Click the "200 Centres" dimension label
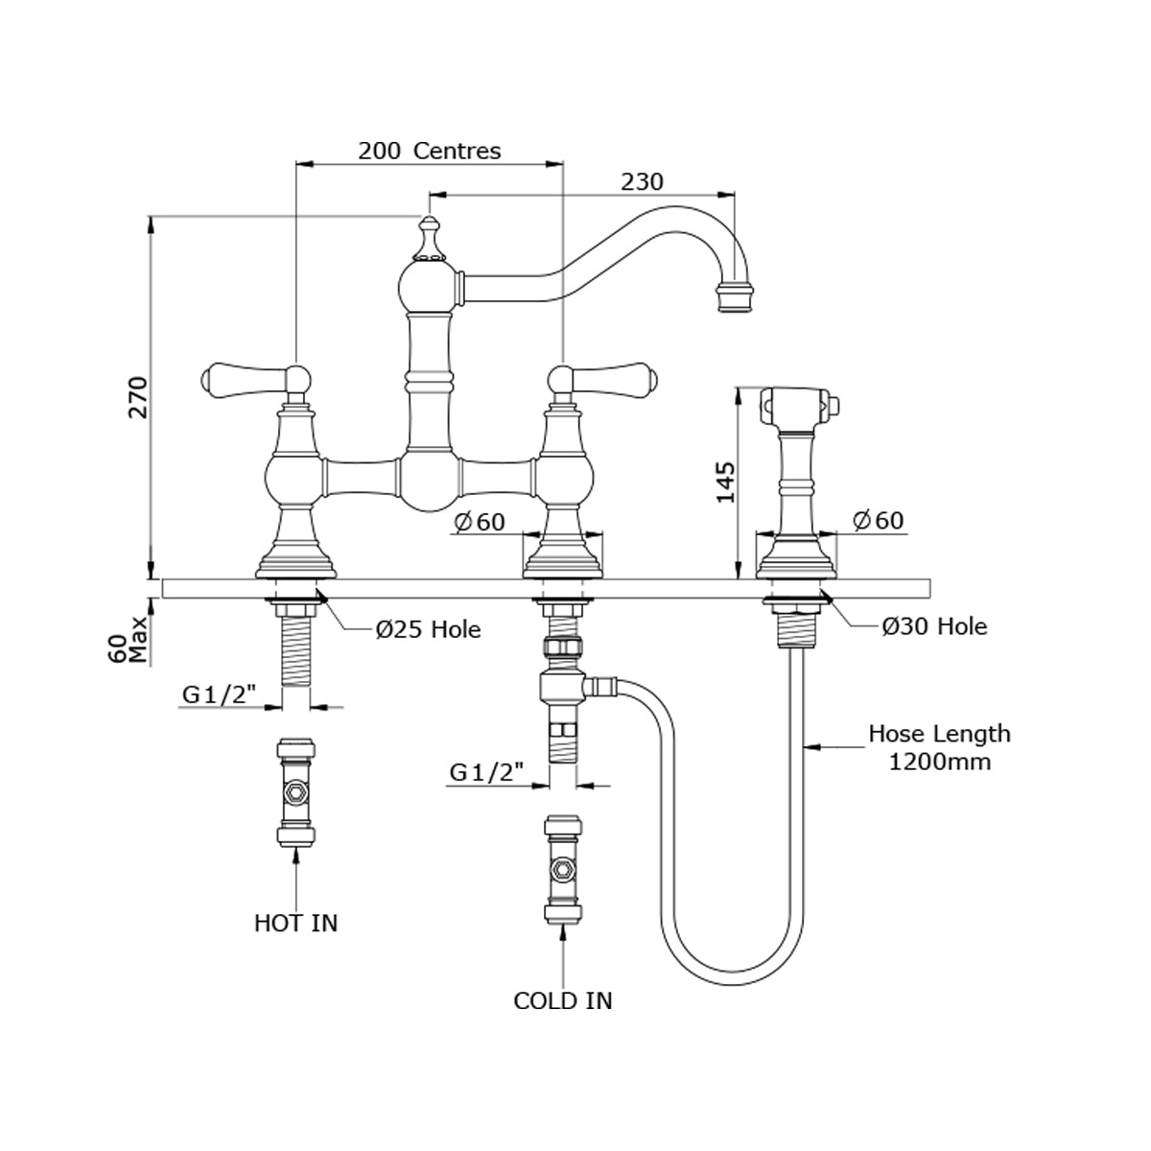[429, 151]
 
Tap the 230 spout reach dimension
[643, 181]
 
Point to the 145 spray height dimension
[725, 482]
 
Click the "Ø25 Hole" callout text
[428, 629]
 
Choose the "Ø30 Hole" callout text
[934, 626]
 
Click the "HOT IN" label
[295, 923]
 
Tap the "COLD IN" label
[562, 1000]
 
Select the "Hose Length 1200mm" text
[939, 748]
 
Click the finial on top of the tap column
[428, 239]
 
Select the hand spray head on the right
[797, 407]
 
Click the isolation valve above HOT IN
[296, 793]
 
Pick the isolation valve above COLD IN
[562, 870]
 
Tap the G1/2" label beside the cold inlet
[486, 770]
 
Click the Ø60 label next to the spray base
[877, 521]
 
